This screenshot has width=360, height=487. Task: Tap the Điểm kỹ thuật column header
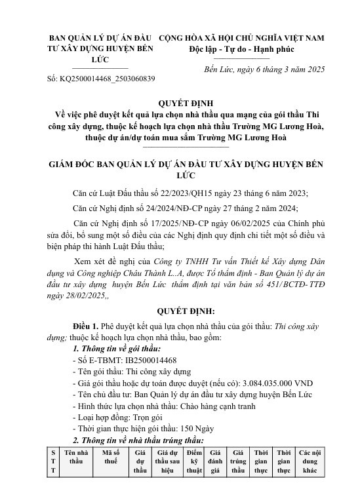coord(193,470)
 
